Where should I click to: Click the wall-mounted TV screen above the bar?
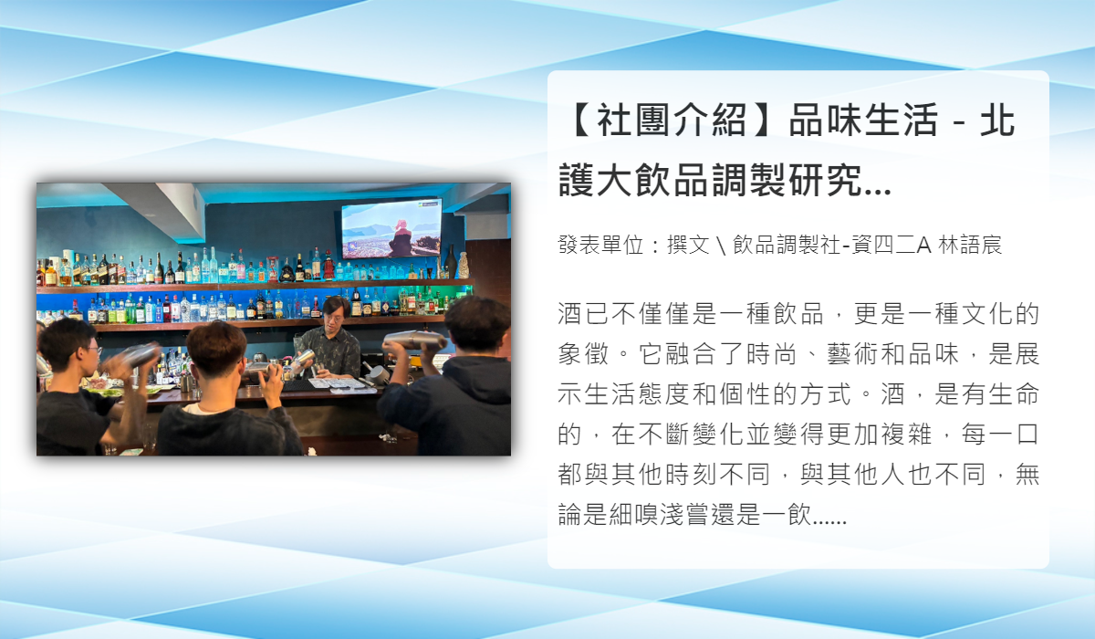click(x=391, y=228)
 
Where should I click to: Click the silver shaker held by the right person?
click(x=415, y=340)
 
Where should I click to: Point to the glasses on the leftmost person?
click(x=92, y=350)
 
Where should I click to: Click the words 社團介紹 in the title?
click(x=672, y=120)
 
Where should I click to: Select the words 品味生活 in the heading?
click(x=863, y=120)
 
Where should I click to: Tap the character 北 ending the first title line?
click(x=997, y=120)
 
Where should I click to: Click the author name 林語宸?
click(x=970, y=245)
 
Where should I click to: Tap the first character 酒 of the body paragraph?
click(x=570, y=314)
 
